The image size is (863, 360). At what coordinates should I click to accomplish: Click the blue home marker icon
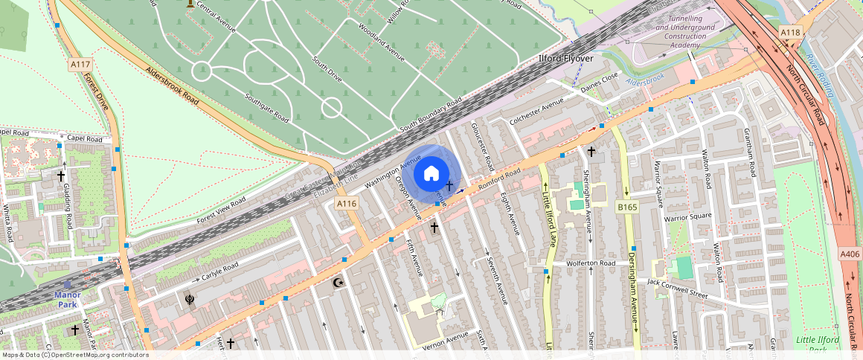tap(431, 174)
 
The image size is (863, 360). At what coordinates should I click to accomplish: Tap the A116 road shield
tap(347, 203)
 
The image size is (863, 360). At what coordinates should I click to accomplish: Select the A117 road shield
tap(80, 65)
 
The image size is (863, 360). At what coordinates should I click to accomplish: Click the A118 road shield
tap(790, 33)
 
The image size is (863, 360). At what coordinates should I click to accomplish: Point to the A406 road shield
tap(850, 254)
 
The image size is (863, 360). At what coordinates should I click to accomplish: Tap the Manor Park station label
tap(67, 299)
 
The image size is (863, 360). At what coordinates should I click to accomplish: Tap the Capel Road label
tap(84, 138)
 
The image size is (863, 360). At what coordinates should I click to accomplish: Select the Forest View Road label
tap(221, 211)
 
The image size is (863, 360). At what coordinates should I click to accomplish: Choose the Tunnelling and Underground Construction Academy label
tap(685, 31)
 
